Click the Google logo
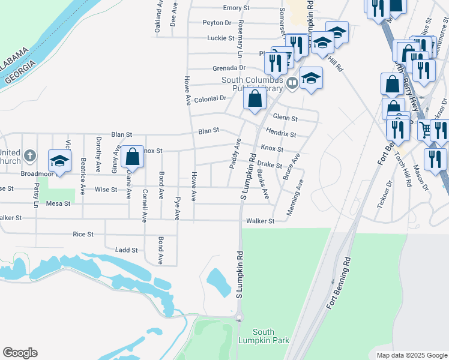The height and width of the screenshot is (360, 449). coord(20,353)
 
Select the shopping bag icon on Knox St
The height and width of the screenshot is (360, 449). coord(133,157)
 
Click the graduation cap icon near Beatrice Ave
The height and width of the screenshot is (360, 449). coord(60,161)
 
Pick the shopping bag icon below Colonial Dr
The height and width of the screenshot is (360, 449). coord(255,98)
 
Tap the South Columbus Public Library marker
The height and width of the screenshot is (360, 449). coord(292,83)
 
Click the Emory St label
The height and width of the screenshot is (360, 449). coord(236,8)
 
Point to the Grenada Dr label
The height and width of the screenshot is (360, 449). coord(225,68)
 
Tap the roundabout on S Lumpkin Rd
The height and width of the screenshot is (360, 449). coord(239,317)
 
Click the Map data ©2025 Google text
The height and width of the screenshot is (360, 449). coord(412,355)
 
